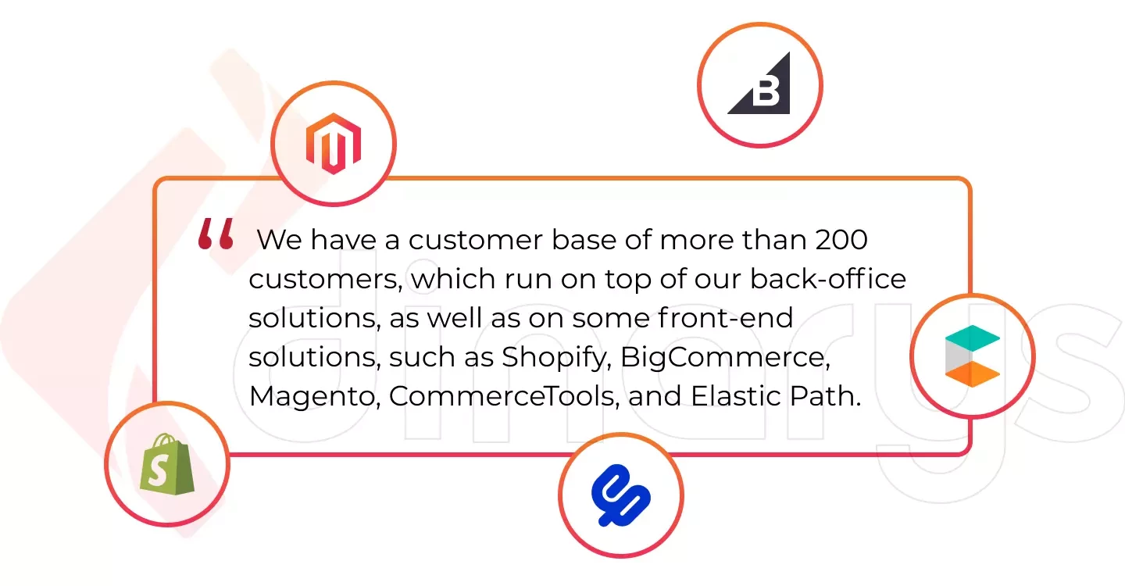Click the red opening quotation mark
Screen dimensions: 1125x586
pos(216,234)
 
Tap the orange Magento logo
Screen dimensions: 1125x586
pos(334,144)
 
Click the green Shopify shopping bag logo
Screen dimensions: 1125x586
pos(167,464)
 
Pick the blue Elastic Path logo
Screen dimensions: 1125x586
pos(621,495)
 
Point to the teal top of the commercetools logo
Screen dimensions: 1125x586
pos(973,338)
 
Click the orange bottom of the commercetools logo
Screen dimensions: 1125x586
pos(973,374)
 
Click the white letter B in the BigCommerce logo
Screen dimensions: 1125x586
pos(766,92)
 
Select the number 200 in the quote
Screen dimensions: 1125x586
pos(841,240)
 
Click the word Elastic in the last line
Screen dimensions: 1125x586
pos(736,395)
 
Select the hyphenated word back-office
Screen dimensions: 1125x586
pos(828,279)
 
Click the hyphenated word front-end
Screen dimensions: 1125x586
pos(725,318)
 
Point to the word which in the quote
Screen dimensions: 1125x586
pos(453,279)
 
